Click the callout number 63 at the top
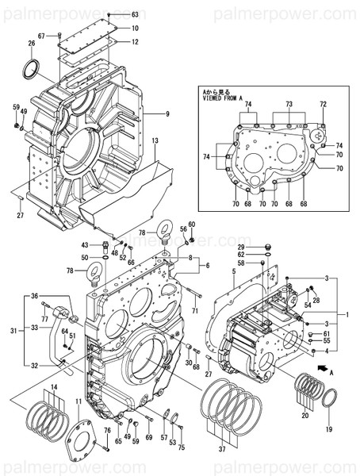(x=134, y=15)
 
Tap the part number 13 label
(x=155, y=141)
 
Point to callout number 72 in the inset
(x=323, y=105)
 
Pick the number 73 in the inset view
(x=289, y=105)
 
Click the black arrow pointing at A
(x=322, y=369)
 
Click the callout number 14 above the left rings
(x=54, y=386)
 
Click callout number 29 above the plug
(x=239, y=248)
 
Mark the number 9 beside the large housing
(x=167, y=113)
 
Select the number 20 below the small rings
(x=304, y=413)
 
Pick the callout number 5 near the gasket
(x=235, y=271)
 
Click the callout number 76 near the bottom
(x=106, y=430)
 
